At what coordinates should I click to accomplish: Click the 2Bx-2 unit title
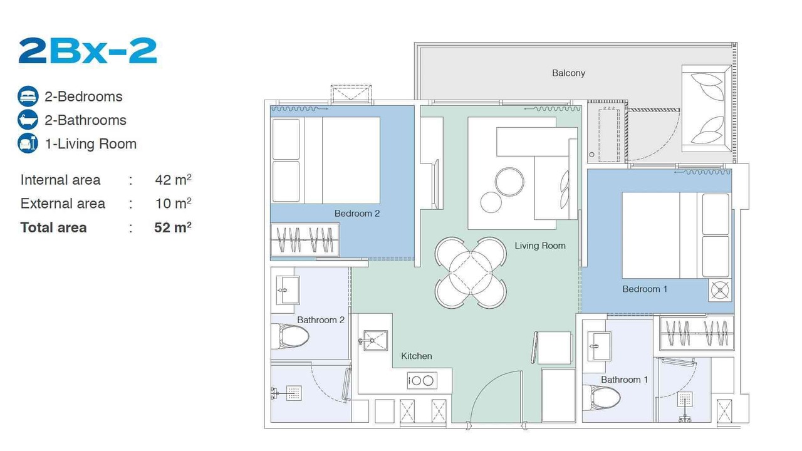pyautogui.click(x=88, y=51)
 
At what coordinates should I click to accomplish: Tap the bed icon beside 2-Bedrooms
pyautogui.click(x=28, y=96)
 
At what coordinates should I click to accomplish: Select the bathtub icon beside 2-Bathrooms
pyautogui.click(x=28, y=120)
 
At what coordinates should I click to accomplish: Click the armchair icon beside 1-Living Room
pyautogui.click(x=28, y=143)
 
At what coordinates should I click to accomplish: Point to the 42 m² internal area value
pyautogui.click(x=173, y=179)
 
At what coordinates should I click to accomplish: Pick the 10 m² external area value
pyautogui.click(x=173, y=204)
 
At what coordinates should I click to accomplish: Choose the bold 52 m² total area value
pyautogui.click(x=173, y=227)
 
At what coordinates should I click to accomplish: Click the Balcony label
pyautogui.click(x=568, y=73)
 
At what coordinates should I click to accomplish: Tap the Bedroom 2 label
pyautogui.click(x=357, y=214)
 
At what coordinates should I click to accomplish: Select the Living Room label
pyautogui.click(x=540, y=246)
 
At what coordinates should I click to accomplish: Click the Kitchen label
pyautogui.click(x=417, y=356)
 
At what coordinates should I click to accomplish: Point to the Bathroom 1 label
pyautogui.click(x=625, y=380)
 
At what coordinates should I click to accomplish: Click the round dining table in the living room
pyautogui.click(x=471, y=272)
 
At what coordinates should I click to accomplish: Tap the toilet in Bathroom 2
pyautogui.click(x=289, y=336)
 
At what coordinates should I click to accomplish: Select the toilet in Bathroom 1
pyautogui.click(x=601, y=398)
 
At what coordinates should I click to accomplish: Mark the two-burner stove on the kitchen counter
pyautogui.click(x=422, y=380)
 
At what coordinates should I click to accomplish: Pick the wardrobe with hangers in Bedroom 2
pyautogui.click(x=305, y=239)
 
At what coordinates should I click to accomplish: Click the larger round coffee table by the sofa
pyautogui.click(x=509, y=182)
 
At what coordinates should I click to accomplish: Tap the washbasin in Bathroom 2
pyautogui.click(x=288, y=290)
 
